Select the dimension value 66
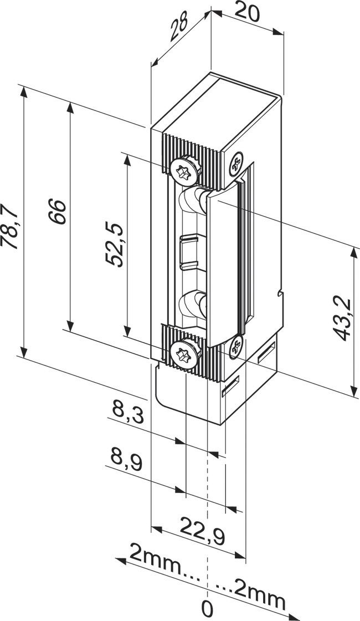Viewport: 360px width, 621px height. pos(58,211)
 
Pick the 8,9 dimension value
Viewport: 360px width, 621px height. pos(127,459)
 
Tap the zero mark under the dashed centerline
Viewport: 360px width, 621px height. pos(207,609)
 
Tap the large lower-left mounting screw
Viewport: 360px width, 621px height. pos(184,353)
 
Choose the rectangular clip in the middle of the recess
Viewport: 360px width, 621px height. pos(190,252)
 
